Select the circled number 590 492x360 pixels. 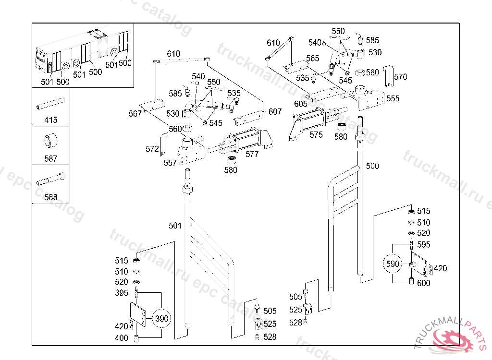[x=393, y=264]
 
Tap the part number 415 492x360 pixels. [x=50, y=120]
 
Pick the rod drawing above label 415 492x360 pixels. [x=50, y=103]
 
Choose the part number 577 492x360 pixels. [x=252, y=154]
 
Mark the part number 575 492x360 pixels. [x=316, y=135]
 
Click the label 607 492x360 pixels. [x=275, y=112]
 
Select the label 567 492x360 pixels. [x=135, y=114]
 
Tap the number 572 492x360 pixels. [x=152, y=149]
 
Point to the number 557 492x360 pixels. [x=170, y=163]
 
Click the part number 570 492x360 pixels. [x=400, y=77]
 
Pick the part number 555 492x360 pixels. [x=393, y=99]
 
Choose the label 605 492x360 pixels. [x=301, y=104]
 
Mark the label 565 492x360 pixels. [x=312, y=59]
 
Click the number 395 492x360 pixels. [x=122, y=293]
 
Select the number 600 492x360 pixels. [x=424, y=283]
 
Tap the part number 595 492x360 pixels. [x=424, y=245]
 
